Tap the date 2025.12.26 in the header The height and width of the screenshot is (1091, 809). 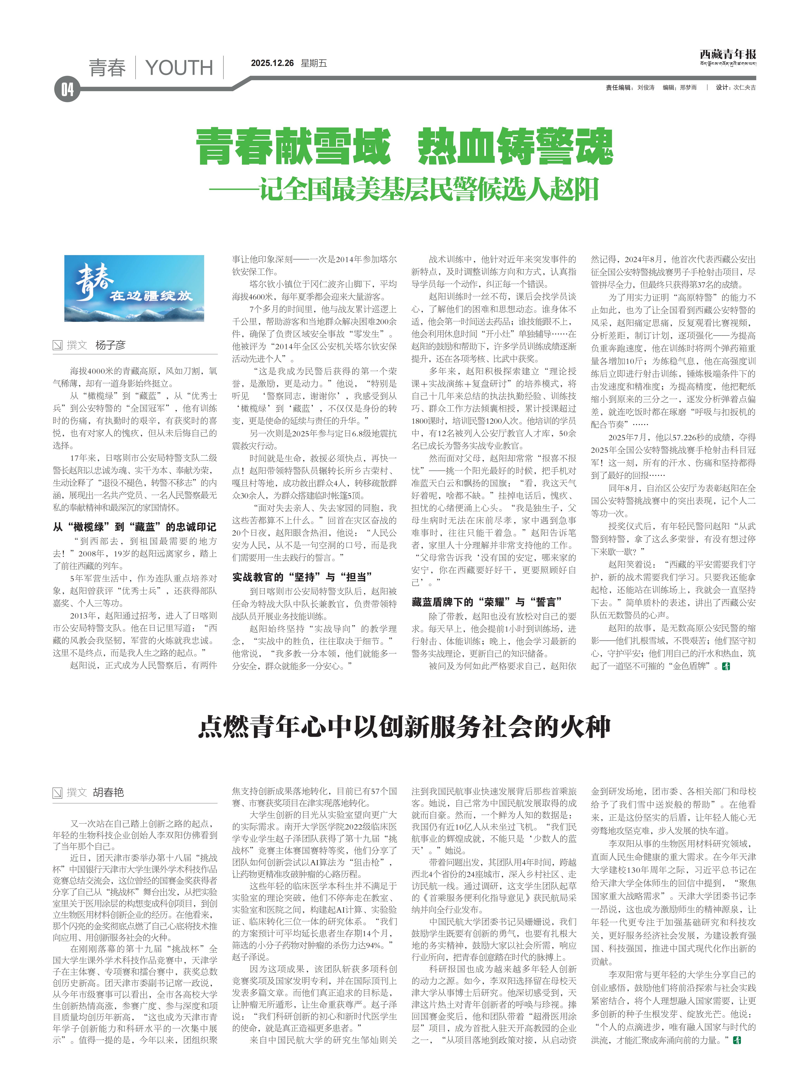pos(272,63)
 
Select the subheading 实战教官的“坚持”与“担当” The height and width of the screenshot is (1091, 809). pos(302,577)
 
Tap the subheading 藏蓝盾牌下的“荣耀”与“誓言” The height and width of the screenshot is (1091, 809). pos(486,602)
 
